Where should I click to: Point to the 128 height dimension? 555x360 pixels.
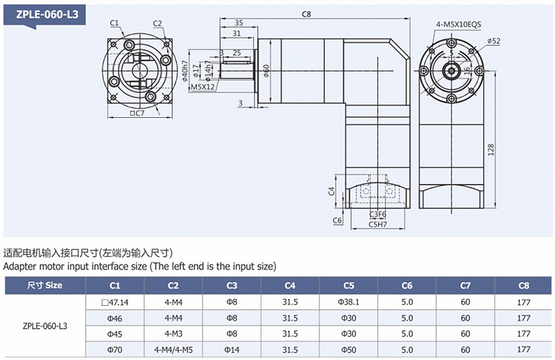click(x=490, y=149)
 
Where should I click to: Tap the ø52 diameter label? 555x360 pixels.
click(x=494, y=42)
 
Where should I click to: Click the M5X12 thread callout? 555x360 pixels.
click(x=203, y=87)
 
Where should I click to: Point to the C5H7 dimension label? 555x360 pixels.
click(x=377, y=224)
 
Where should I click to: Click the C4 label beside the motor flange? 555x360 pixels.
click(x=331, y=190)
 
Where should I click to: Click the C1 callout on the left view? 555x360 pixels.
click(x=114, y=23)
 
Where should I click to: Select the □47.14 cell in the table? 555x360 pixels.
click(x=115, y=302)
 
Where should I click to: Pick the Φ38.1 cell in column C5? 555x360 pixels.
click(x=348, y=302)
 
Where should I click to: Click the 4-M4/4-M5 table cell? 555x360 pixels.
click(x=173, y=350)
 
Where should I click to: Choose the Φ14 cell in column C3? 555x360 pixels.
click(x=232, y=350)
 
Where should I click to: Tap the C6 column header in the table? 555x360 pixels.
click(x=407, y=285)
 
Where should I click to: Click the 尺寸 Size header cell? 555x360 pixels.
click(x=44, y=285)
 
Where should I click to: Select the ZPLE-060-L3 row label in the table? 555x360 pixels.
click(x=44, y=325)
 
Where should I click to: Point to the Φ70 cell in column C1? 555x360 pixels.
click(x=115, y=350)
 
